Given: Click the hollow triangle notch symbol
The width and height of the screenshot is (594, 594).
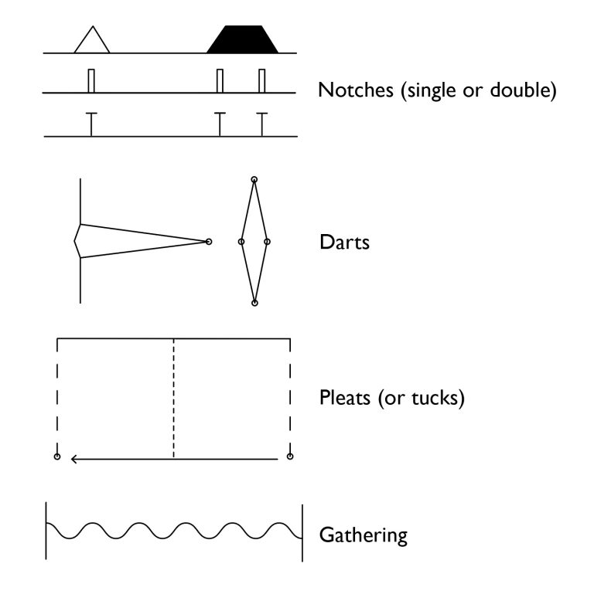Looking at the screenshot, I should (x=92, y=42).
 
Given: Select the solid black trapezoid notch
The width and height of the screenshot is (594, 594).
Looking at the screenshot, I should (x=243, y=40).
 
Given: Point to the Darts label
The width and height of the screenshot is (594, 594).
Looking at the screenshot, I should (x=344, y=243).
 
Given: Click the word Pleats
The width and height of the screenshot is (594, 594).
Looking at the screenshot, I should (x=345, y=399).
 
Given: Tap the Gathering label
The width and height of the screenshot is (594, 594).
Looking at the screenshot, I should (x=363, y=535).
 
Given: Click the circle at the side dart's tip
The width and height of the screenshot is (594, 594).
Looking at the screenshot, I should (x=208, y=242).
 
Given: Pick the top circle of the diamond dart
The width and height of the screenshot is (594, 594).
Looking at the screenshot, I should (x=254, y=180).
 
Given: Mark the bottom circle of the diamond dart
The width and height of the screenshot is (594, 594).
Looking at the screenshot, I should (x=254, y=303).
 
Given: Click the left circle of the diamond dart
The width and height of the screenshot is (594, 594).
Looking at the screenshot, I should (x=241, y=242).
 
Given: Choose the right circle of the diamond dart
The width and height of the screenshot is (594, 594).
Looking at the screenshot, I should (x=267, y=242).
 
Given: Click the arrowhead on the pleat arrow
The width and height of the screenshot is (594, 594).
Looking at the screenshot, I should (x=74, y=459).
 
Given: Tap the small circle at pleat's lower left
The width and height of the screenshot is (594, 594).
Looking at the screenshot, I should (x=57, y=457).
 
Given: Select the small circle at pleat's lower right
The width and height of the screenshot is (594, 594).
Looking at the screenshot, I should (x=290, y=457).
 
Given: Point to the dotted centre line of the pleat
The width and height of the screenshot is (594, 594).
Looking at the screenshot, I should (x=173, y=398).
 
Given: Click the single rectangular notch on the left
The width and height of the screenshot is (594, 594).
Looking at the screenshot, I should (x=91, y=81).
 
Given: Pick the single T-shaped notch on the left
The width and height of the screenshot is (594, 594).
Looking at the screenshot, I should (x=91, y=124).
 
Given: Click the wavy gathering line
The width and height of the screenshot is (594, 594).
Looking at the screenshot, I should (x=173, y=531).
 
